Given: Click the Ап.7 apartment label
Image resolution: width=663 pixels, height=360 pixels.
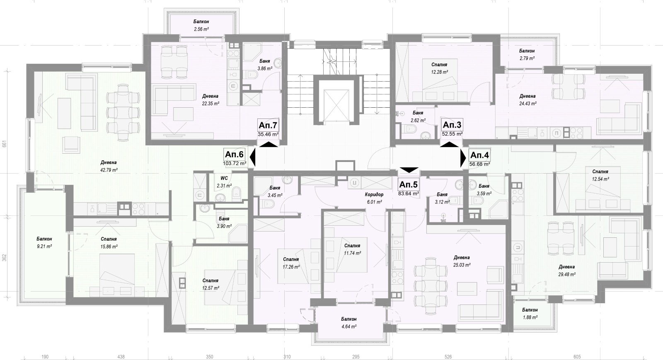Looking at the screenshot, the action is coord(268,125).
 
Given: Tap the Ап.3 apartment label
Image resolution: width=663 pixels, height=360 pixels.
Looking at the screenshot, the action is coord(452,125).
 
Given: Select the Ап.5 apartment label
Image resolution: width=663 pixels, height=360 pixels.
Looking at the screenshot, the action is coord(408,184).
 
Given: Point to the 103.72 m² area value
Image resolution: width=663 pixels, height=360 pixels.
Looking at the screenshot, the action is coord(235,163).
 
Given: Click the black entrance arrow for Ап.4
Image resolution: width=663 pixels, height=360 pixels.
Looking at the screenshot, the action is coord(463,159).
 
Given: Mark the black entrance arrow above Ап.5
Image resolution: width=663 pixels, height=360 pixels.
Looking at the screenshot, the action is coord(409,170).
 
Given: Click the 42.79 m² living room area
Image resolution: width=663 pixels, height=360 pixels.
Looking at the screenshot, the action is coord(109,170).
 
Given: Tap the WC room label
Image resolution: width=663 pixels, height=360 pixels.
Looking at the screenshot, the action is coord(224,178).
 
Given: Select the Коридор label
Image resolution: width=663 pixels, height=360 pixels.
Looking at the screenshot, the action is coord(374,194).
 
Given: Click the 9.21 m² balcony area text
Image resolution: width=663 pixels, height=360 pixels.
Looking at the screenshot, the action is coord(44,246).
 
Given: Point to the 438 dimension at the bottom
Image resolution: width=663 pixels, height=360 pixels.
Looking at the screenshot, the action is coord(121,357).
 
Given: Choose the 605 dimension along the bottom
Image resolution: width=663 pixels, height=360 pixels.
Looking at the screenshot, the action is coord(577,357).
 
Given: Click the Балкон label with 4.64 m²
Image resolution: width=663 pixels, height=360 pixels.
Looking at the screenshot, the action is coord(348,319).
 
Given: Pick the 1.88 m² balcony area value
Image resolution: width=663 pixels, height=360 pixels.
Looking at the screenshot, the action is coord(530,317).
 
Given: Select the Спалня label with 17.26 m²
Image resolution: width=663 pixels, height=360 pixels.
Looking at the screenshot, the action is coord(291,259).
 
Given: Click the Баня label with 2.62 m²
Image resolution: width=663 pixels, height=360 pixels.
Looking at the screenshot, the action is coord(418,113).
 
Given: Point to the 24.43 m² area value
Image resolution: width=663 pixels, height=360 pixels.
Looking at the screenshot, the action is coord(528,104).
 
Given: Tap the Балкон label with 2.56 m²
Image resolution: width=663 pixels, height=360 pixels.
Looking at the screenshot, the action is coord(201,22).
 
